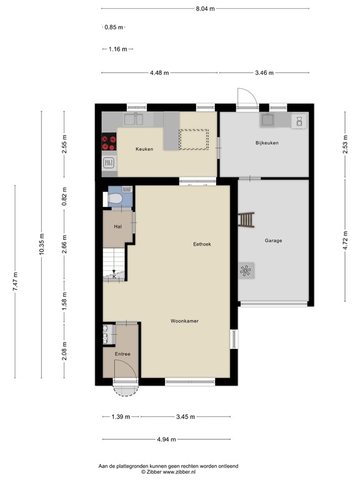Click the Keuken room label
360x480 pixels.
[145, 149]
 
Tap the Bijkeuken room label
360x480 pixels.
[267, 143]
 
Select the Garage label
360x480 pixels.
[273, 240]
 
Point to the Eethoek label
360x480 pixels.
[202, 244]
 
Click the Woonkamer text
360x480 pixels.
[184, 321]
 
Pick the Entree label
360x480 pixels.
[121, 354]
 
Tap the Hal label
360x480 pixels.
[117, 227]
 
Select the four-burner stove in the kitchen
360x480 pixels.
[109, 142]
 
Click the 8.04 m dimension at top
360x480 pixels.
[205, 9]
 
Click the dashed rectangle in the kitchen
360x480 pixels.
[194, 138]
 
